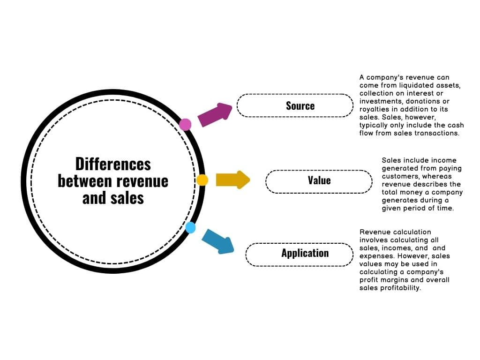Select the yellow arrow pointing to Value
coord(232,180)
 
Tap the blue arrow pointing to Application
coord(218,241)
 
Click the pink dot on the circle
coord(185,125)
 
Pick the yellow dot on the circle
coord(202,180)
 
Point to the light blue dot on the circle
coord(190,228)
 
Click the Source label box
coord(295,105)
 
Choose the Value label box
coord(319,180)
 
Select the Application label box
coord(299,254)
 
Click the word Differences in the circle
coord(113,164)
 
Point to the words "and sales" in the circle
coord(113,198)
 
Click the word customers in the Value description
coord(398,176)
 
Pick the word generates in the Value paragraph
coord(399,200)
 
